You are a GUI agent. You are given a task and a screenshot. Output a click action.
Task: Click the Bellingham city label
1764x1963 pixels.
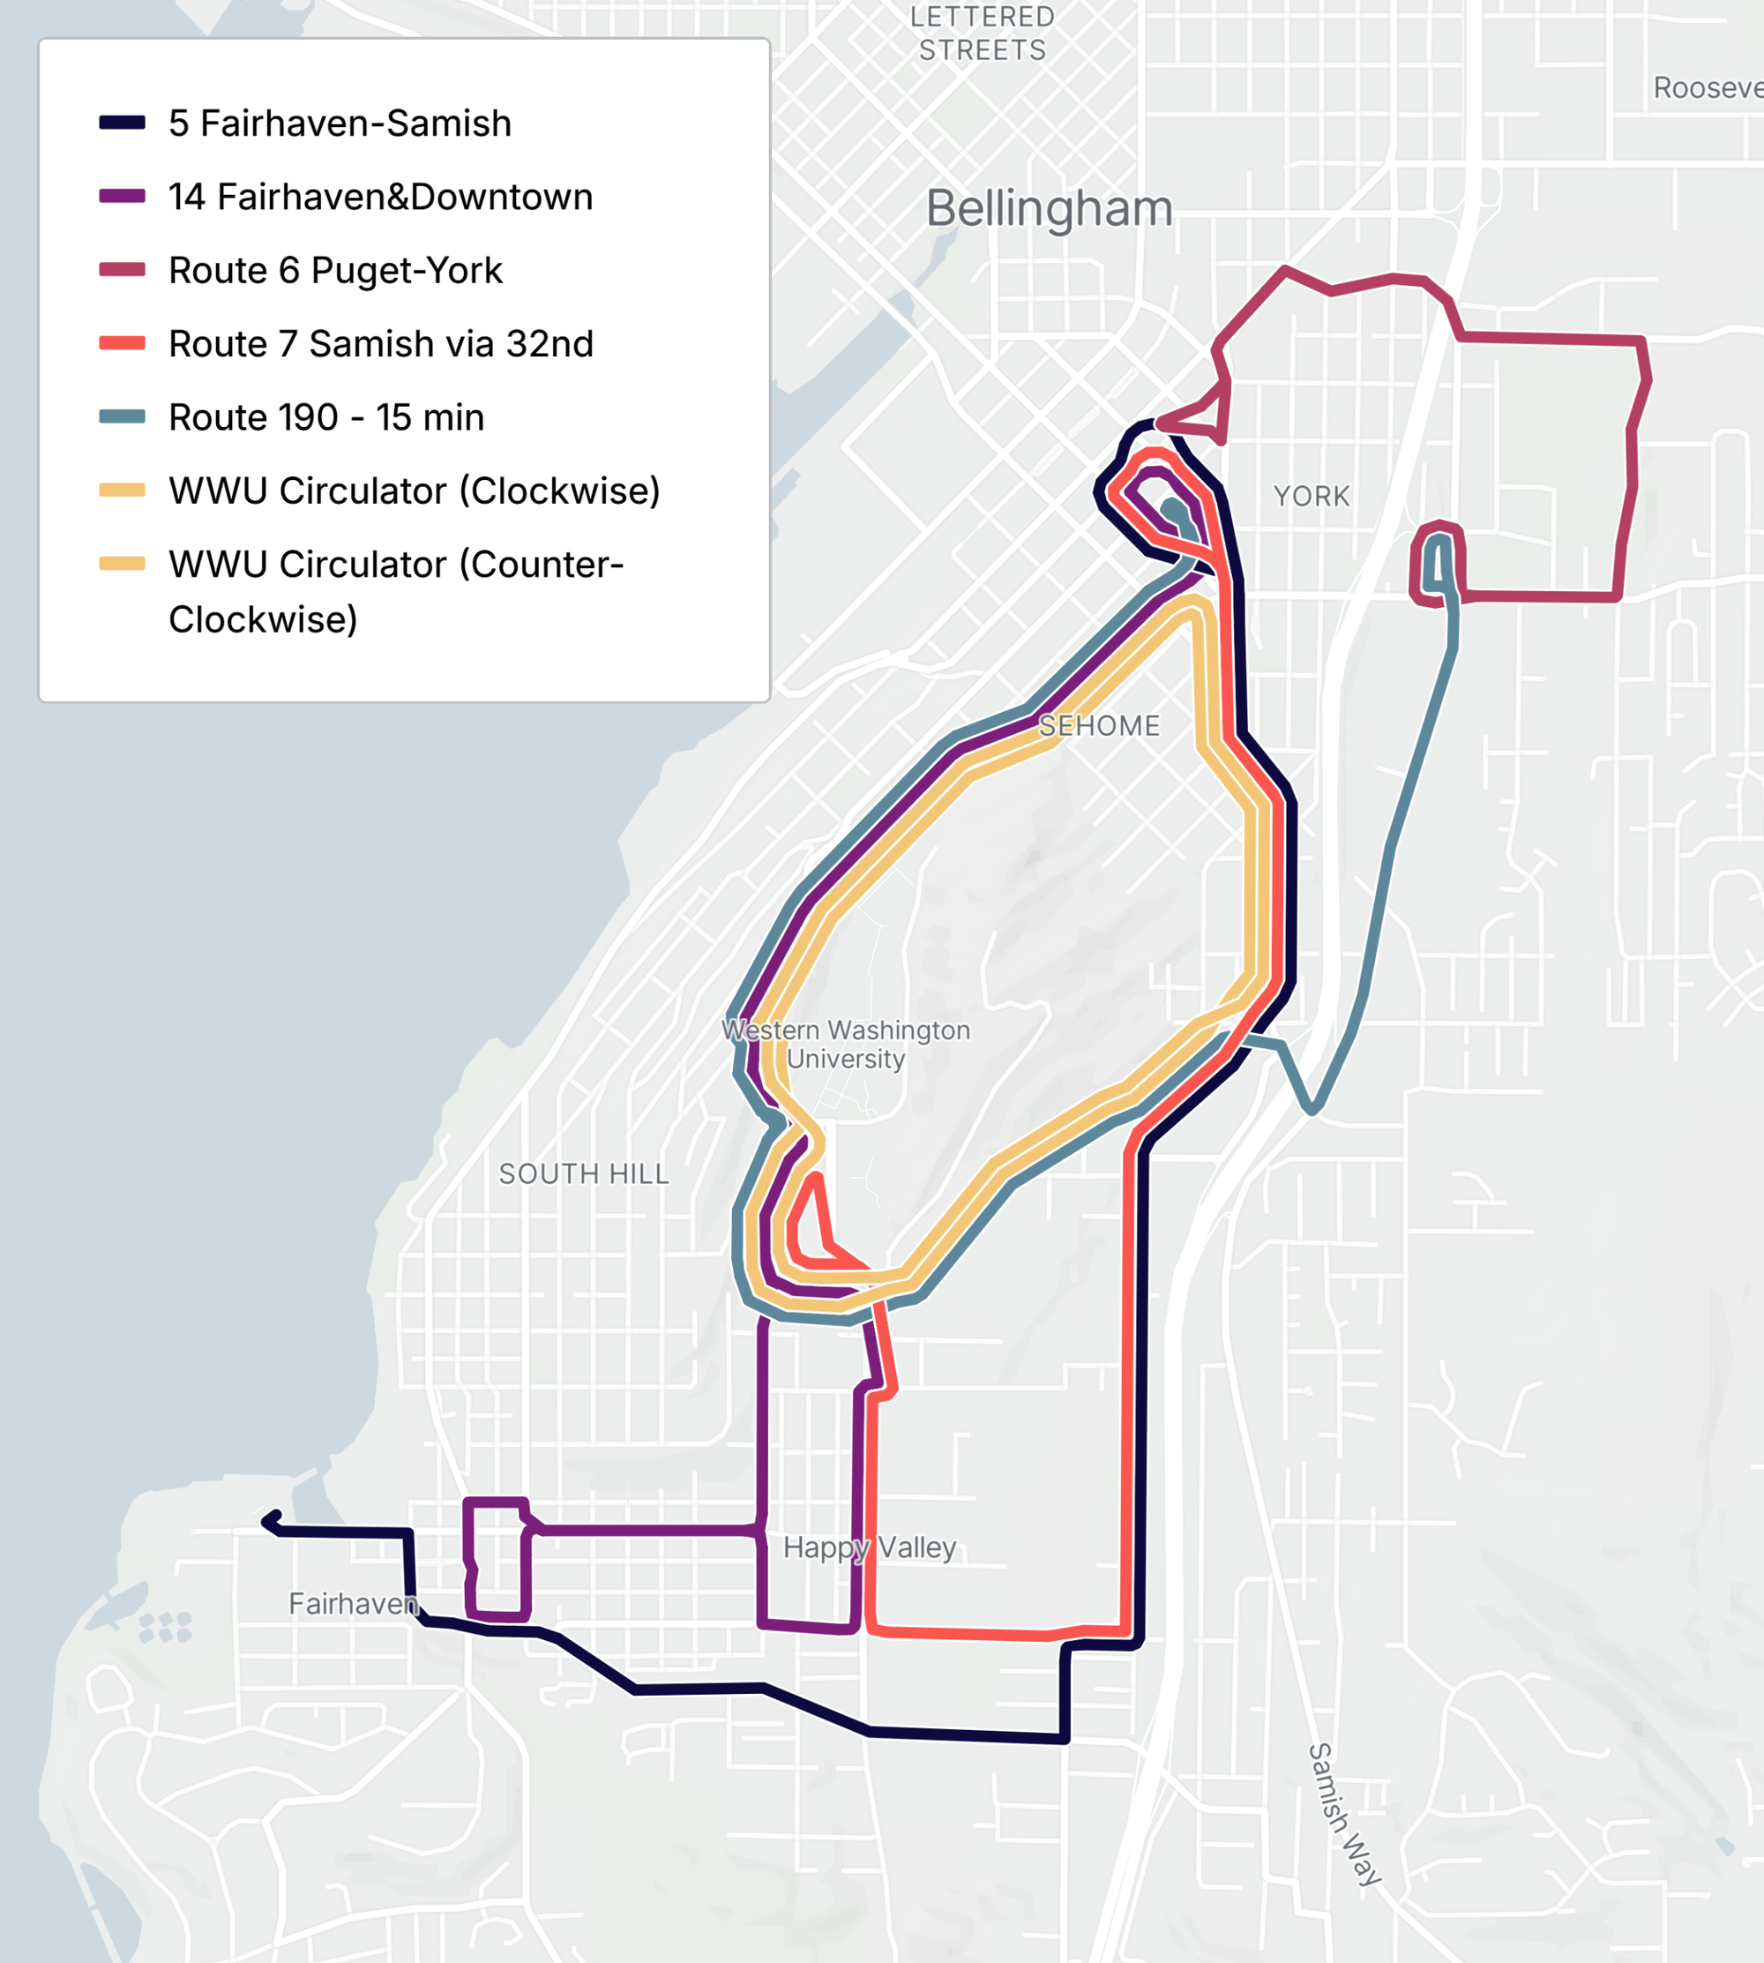[x=1049, y=208]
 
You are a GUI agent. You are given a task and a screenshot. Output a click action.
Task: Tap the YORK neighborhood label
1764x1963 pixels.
[x=1312, y=497]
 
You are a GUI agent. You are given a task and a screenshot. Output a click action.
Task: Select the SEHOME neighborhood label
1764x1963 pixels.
[x=1099, y=726]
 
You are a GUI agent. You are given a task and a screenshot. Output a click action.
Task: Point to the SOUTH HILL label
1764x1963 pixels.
[x=584, y=1174]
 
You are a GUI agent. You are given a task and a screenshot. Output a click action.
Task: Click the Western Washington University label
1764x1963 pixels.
[x=845, y=1044]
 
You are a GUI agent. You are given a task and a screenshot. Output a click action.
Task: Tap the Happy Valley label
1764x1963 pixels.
[x=870, y=1547]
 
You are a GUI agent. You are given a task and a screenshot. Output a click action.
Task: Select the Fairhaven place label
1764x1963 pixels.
[x=353, y=1603]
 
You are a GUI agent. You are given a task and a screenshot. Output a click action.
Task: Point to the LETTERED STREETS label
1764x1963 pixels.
[x=982, y=34]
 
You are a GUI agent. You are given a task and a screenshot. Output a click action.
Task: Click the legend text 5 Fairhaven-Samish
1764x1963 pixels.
[x=340, y=124]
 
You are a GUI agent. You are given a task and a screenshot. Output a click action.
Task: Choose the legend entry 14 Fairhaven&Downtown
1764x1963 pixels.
[x=380, y=197]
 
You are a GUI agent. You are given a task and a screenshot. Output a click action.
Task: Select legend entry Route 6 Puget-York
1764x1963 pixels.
[x=335, y=271]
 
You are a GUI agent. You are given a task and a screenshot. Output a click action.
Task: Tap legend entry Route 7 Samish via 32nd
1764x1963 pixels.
[x=380, y=344]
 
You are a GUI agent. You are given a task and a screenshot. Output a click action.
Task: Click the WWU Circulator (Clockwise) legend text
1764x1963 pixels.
[x=414, y=491]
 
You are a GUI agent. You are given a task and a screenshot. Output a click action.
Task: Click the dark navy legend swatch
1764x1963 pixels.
[x=122, y=124]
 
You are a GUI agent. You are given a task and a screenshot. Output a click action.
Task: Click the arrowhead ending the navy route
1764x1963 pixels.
[x=271, y=1522]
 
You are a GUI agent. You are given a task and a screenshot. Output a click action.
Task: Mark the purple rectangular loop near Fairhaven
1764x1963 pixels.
[x=497, y=1560]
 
